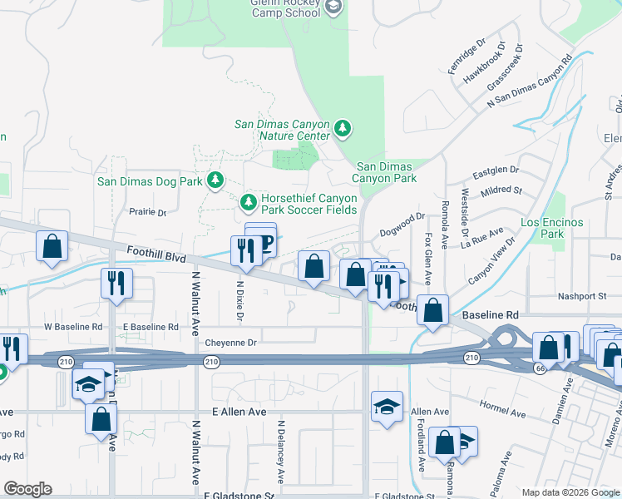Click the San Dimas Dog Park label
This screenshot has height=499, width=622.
pyautogui.click(x=150, y=180)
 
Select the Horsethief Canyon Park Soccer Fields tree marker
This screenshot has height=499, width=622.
pyautogui.click(x=248, y=202)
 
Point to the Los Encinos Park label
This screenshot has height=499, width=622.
pyautogui.click(x=551, y=229)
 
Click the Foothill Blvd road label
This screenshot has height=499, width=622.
pyautogui.click(x=156, y=253)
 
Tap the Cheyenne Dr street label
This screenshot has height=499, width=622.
pyautogui.click(x=231, y=342)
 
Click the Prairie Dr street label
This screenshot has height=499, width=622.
pyautogui.click(x=148, y=212)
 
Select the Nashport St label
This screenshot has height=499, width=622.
pyautogui.click(x=584, y=296)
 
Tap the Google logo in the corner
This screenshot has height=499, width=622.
pyautogui.click(x=27, y=489)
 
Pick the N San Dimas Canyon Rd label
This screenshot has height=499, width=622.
pyautogui.click(x=530, y=82)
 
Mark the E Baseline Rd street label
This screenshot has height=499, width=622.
pyautogui.click(x=151, y=327)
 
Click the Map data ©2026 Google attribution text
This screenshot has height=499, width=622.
pyautogui.click(x=570, y=492)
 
